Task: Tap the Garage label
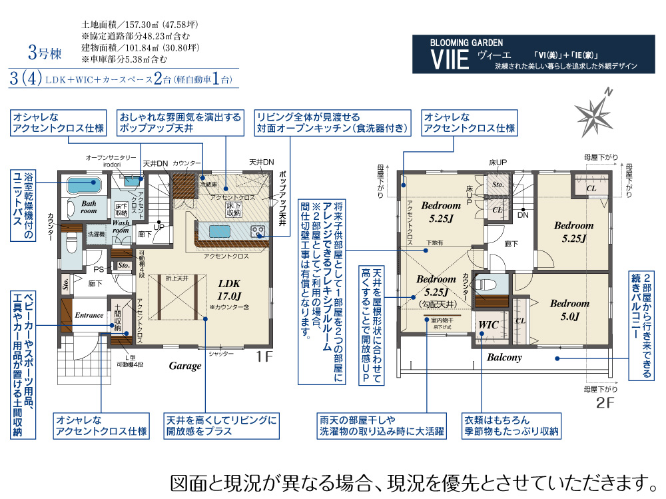click(184, 366)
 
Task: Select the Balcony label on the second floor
click(504, 357)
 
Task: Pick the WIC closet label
click(490, 325)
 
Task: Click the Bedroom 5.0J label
click(569, 310)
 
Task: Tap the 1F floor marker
click(264, 356)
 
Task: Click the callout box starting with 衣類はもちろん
click(512, 426)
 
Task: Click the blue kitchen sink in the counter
click(220, 231)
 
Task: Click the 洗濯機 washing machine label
click(96, 235)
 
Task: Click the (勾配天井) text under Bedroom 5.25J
click(436, 302)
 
